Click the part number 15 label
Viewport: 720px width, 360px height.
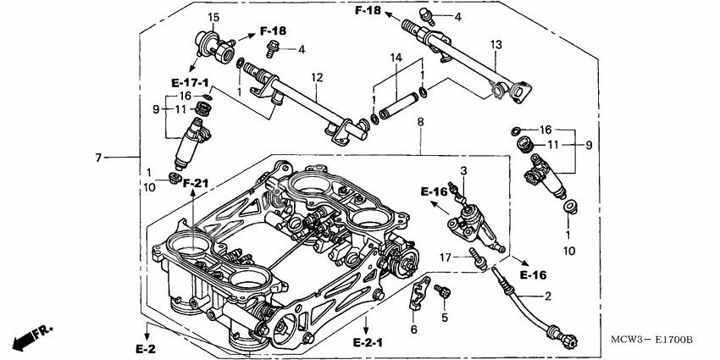click(213, 18)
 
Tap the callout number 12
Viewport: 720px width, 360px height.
click(316, 78)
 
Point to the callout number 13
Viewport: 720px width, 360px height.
click(496, 43)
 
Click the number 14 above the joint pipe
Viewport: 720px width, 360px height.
click(395, 58)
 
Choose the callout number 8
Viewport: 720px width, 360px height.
click(420, 123)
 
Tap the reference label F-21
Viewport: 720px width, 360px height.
click(194, 183)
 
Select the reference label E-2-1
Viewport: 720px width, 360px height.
click(368, 342)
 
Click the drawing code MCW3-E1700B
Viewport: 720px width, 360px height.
click(652, 340)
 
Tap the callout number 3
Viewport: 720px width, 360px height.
click(463, 172)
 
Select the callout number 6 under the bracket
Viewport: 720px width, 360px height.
click(413, 329)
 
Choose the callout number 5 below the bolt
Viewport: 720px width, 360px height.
click(442, 318)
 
